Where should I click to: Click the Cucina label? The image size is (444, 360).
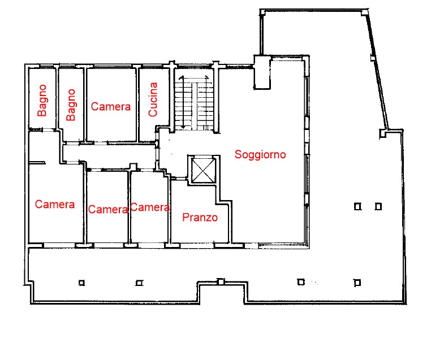click(x=153, y=99)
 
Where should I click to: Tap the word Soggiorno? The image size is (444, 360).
click(x=260, y=154)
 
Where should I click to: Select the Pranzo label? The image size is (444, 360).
click(x=200, y=217)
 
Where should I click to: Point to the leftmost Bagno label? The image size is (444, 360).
click(x=42, y=101)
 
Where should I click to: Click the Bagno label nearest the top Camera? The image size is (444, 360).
click(x=71, y=105)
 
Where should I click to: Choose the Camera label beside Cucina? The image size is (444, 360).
click(x=111, y=106)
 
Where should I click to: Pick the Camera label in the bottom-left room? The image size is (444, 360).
click(x=55, y=204)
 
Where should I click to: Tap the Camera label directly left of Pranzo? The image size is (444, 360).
click(x=150, y=207)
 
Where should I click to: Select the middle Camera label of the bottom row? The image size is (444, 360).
click(x=108, y=210)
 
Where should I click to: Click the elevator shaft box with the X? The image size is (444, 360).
click(x=202, y=170)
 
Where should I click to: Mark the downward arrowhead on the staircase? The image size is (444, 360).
click(x=183, y=127)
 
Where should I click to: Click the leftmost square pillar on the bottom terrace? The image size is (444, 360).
click(x=81, y=283)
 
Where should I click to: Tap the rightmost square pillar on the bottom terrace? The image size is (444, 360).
click(x=357, y=283)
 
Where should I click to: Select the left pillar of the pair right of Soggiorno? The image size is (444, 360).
click(x=357, y=207)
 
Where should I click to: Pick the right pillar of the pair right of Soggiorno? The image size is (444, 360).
click(x=378, y=207)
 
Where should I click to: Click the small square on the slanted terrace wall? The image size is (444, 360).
click(x=373, y=58)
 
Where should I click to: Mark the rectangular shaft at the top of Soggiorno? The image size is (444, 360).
click(x=262, y=72)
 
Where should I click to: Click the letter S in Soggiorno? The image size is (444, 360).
click(x=238, y=154)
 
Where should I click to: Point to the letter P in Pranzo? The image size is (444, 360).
click(x=186, y=217)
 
